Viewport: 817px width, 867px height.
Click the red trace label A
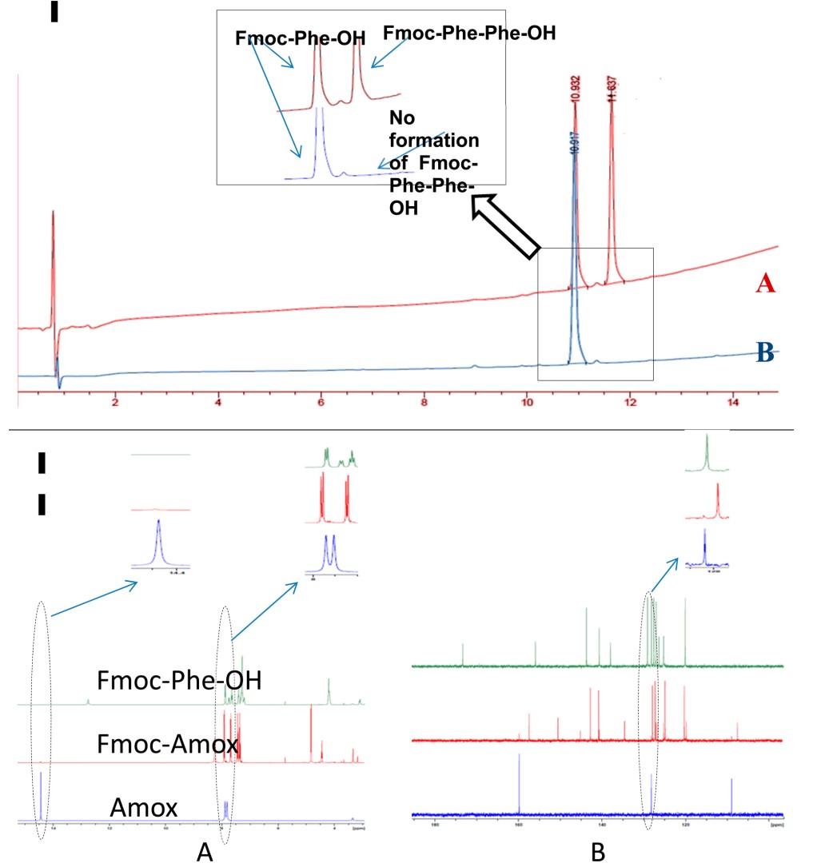(765, 282)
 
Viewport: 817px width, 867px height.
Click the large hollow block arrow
(505, 227)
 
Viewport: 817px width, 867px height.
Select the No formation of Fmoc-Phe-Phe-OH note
(434, 160)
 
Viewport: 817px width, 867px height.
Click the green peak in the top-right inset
(707, 452)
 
